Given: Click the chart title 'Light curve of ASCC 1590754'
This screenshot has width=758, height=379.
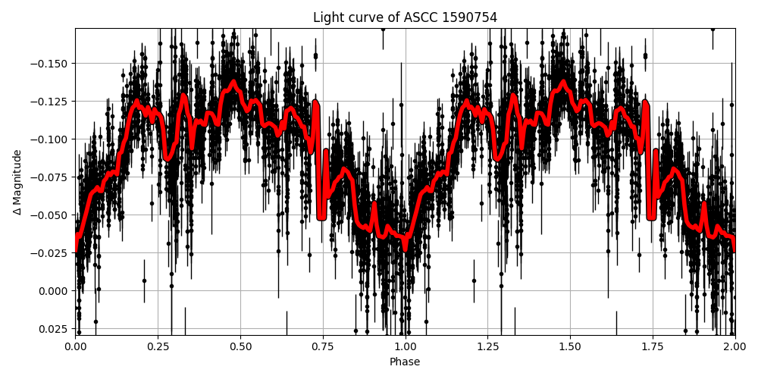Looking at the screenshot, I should pos(405,17).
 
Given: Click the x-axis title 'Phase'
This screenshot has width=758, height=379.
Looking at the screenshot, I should pos(405,362).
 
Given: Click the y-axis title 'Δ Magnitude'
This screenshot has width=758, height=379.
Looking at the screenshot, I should pos(17,182).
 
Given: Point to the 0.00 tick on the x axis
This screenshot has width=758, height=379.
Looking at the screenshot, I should pos(75,346).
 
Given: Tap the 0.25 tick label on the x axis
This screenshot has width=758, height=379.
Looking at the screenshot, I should pos(158,346).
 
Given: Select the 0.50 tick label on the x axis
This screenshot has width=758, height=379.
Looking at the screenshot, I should pos(240,346).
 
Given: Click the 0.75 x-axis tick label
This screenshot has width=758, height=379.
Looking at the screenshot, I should pos(323,346).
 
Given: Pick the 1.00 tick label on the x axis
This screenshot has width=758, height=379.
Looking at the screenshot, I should pos(405,346).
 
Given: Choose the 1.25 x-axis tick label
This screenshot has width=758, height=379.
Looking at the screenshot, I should pos(487,346).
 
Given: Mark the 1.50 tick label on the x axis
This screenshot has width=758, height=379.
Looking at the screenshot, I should pos(570,346).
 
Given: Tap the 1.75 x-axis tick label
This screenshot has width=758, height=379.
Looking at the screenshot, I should pos(653,346).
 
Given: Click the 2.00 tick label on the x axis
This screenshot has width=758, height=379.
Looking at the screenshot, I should pos(735,346).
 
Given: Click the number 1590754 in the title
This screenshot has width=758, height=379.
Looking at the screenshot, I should pos(471,17).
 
